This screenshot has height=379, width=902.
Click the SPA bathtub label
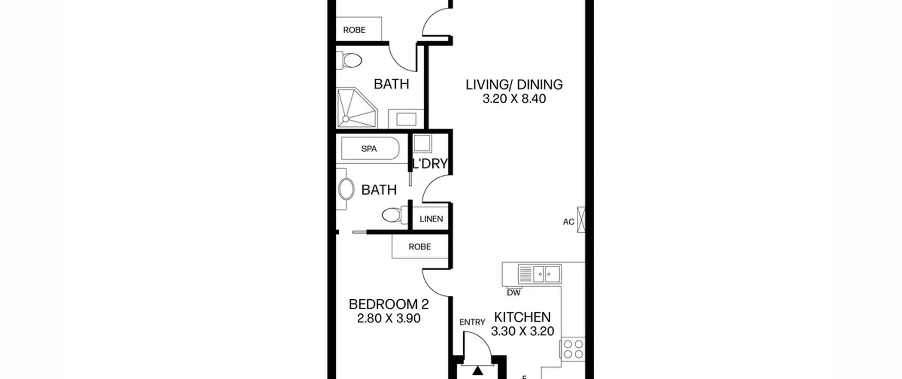coord(369,149)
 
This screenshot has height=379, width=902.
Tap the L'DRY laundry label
coord(430,164)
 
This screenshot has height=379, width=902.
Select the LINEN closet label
coord(431,219)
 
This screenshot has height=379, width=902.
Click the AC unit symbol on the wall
coord(581,220)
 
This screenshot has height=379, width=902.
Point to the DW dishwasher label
coord(513,293)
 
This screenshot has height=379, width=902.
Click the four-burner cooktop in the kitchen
coord(573,349)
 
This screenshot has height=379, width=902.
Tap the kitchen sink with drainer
coord(539,274)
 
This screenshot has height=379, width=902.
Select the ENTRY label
coord(472,322)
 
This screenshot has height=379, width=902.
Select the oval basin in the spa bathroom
coord(346,189)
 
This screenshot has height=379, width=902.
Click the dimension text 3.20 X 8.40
coord(514,99)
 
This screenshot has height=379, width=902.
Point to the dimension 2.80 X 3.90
coord(389,319)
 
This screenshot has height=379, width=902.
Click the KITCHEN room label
coord(522,317)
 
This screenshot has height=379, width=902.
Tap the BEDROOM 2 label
coord(389,305)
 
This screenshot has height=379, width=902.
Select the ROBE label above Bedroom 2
coord(420,247)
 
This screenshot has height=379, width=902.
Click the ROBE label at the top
coord(354,30)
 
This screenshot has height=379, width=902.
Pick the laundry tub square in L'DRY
coord(422,143)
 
